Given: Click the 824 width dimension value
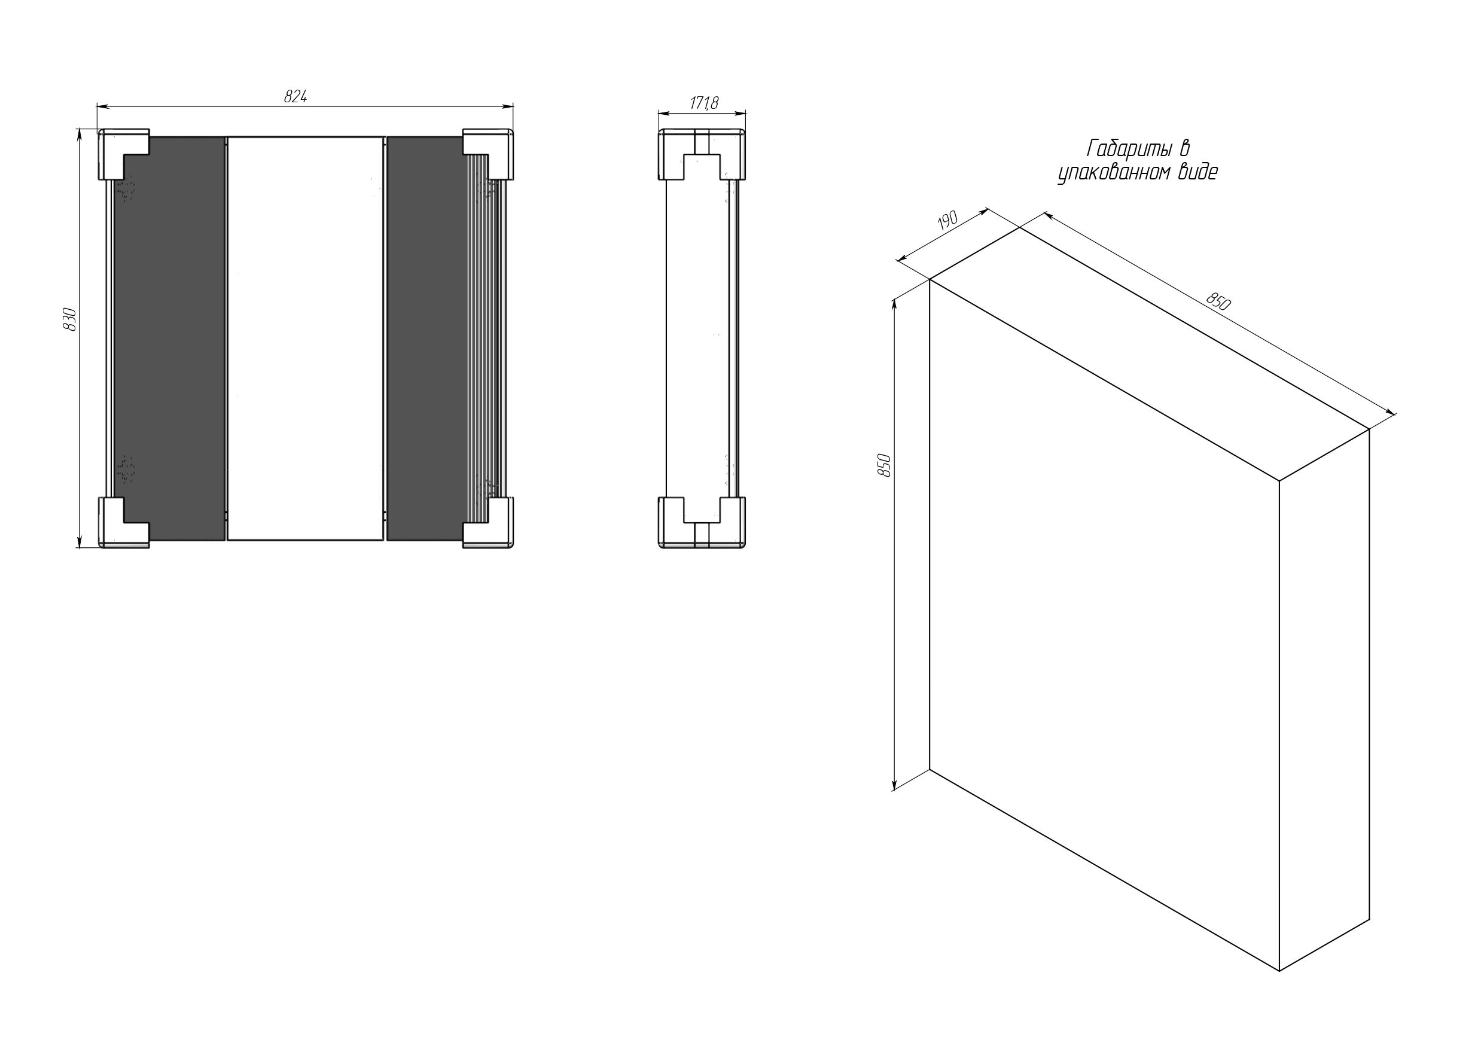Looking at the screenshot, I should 295,97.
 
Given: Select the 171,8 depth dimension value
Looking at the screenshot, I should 704,103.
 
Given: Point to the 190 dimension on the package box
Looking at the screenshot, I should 947,222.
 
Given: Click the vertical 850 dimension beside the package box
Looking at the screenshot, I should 885,465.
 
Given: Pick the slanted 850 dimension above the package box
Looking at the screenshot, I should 1218,302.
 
